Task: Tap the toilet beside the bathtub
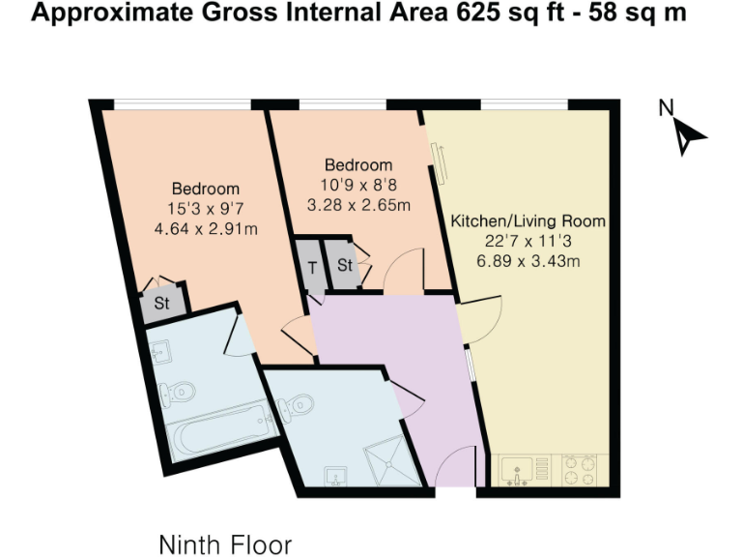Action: (x=180, y=391)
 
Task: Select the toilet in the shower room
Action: (x=295, y=404)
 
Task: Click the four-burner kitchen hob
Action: (x=581, y=470)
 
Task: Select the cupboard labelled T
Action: (x=312, y=268)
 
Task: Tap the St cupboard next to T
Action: (x=344, y=267)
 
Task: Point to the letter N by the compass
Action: (x=666, y=108)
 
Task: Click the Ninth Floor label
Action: (x=225, y=543)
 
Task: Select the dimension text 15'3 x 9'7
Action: (x=205, y=209)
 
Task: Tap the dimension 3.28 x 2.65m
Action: (x=358, y=205)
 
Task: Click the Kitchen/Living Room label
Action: (x=528, y=221)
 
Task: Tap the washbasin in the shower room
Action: (x=335, y=475)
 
